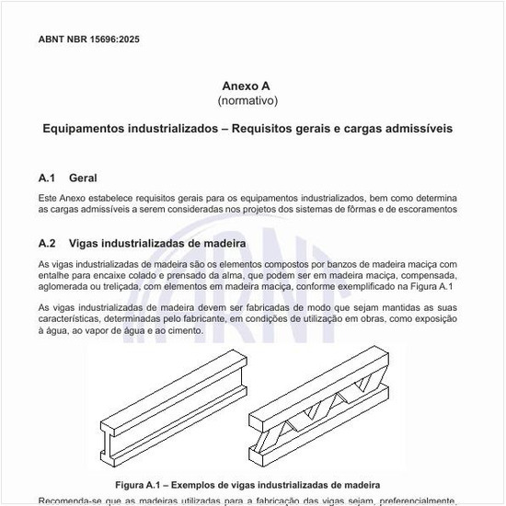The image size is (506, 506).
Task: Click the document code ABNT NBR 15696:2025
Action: point(89,40)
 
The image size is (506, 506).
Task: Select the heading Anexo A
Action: point(247,84)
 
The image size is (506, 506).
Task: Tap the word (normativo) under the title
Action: point(247,99)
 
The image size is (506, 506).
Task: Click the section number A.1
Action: point(48,178)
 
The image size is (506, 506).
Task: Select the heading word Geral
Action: point(83,178)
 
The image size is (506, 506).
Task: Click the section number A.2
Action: point(48,244)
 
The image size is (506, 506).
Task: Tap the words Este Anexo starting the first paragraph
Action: point(64,198)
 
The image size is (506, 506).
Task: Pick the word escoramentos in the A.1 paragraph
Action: point(424,210)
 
